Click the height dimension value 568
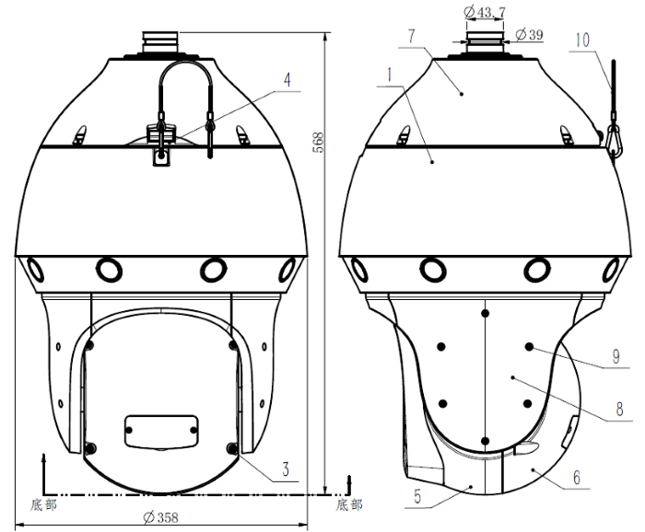click(319, 142)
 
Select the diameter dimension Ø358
click(161, 517)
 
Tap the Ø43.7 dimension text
click(485, 12)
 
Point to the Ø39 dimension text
click(530, 34)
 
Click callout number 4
click(287, 80)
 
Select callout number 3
click(286, 468)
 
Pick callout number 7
click(412, 36)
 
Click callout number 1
click(389, 75)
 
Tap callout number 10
click(582, 40)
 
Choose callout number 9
click(616, 356)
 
